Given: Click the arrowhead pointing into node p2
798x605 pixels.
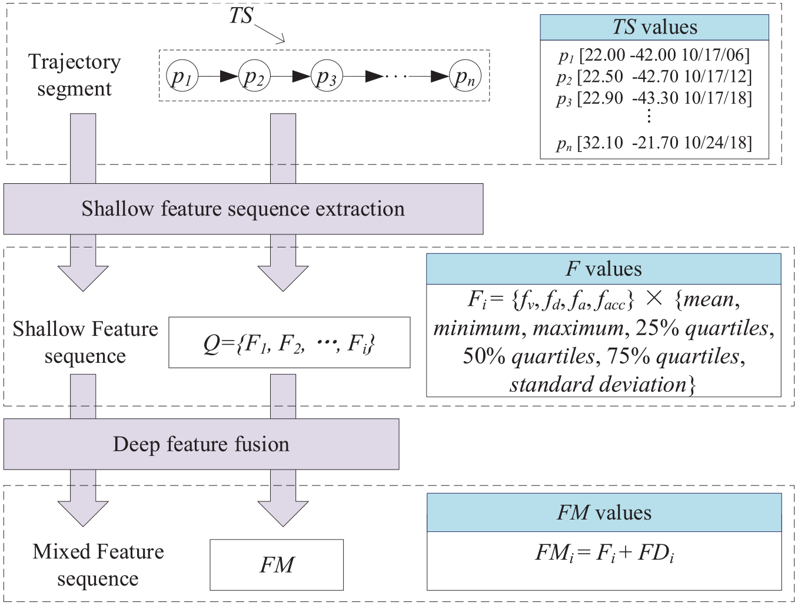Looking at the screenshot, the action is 229,77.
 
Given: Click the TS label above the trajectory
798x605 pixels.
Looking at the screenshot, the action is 241,16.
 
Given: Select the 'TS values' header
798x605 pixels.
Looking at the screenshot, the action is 654,27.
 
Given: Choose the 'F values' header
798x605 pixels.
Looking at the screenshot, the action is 604,269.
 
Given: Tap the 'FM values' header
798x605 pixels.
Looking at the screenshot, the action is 604,513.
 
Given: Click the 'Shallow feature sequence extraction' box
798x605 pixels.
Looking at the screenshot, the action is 243,209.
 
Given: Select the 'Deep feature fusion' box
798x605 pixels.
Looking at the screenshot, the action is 201,444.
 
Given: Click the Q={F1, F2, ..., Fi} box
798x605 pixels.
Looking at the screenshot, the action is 290,342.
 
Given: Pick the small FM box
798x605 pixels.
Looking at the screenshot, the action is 277,564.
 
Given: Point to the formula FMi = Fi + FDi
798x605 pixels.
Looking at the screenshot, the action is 604,553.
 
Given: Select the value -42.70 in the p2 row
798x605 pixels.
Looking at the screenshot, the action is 655,77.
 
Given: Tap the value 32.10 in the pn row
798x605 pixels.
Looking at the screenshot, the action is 600,143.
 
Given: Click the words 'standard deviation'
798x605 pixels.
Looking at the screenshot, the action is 598,385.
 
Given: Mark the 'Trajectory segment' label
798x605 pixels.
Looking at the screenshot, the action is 75,75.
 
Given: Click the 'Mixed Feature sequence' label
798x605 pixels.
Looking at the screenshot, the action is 98,565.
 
